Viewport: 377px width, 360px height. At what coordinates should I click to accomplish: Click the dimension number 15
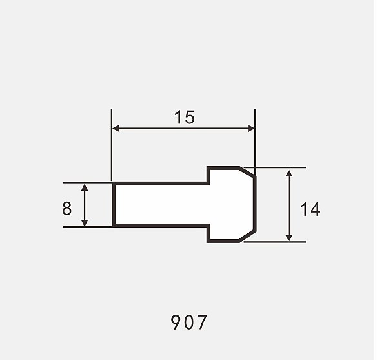[184, 117]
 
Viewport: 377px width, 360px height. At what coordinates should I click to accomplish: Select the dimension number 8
[66, 208]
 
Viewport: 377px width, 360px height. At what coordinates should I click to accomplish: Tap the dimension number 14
[310, 209]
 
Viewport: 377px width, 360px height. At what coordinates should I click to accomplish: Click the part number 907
[188, 323]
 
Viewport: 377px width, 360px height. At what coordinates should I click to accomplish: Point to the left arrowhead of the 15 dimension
[116, 129]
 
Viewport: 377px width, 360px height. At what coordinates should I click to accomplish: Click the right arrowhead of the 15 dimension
[250, 129]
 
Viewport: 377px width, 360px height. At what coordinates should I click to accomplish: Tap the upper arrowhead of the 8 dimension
[85, 187]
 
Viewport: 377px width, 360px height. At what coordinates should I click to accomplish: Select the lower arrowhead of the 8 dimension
[85, 222]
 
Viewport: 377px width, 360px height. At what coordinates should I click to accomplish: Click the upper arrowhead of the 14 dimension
[289, 173]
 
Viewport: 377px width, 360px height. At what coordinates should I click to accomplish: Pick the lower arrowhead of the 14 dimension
[289, 237]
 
